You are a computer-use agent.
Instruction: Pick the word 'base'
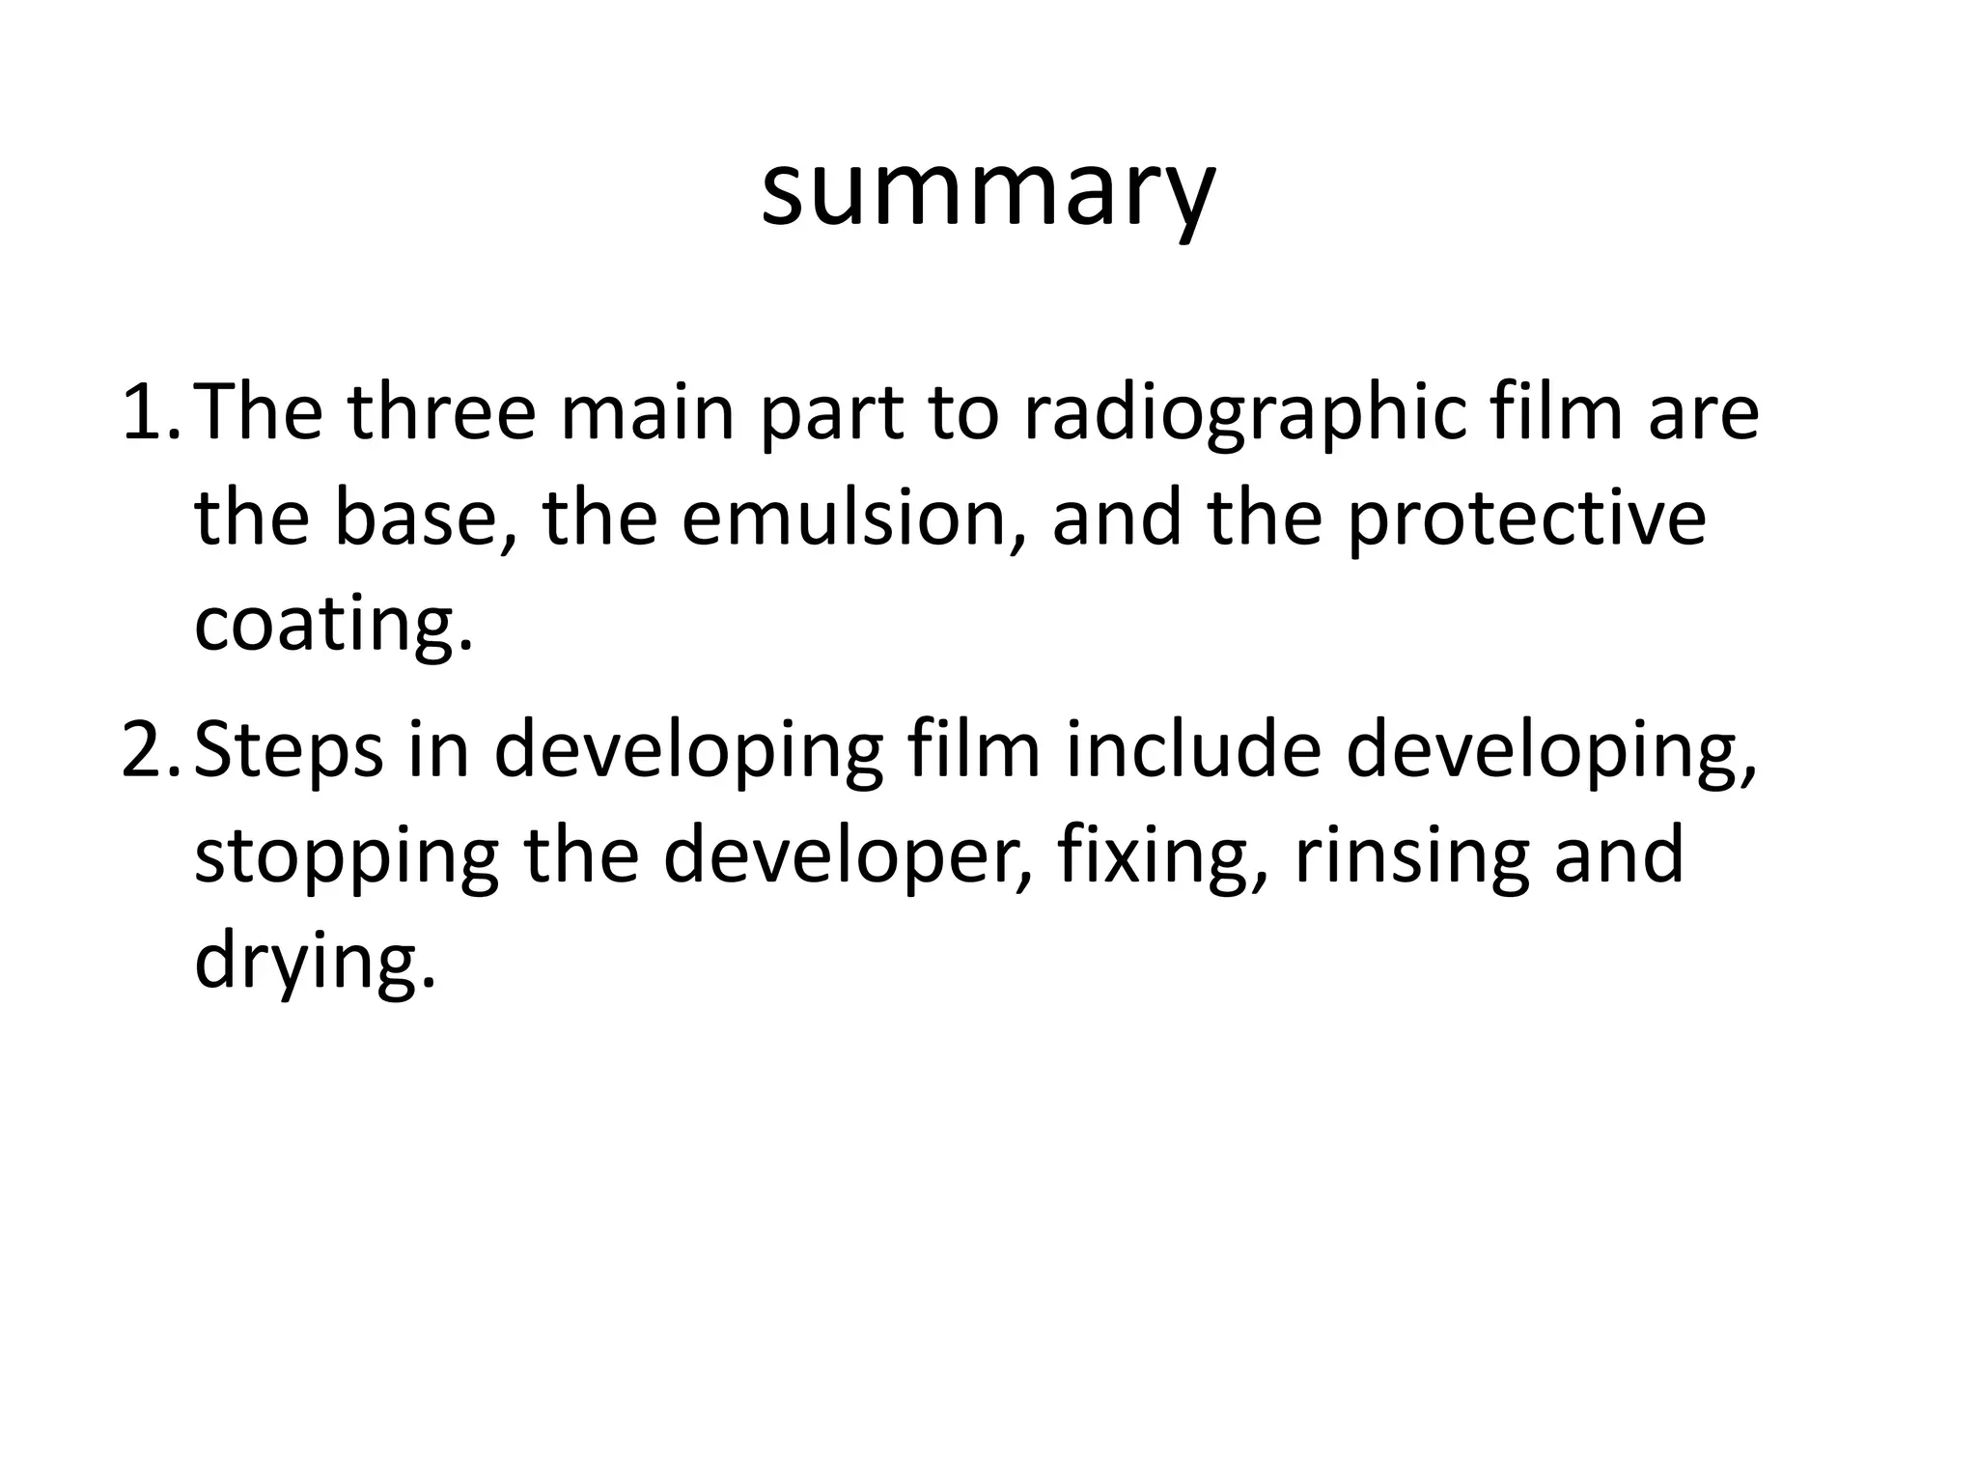click(x=414, y=518)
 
